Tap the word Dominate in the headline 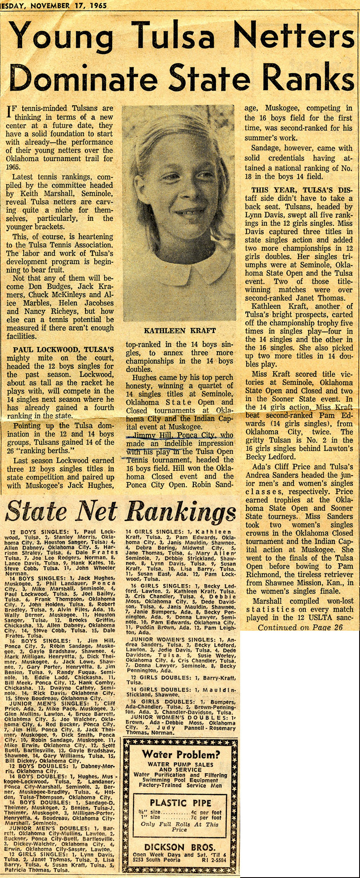tap(80, 79)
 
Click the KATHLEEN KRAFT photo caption tap(180, 331)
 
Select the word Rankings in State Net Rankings tap(180, 512)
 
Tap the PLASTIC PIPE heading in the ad tap(180, 802)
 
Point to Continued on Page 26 tap(300, 627)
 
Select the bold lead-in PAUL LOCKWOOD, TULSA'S tap(63, 349)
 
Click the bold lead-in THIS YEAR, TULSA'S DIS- tap(302, 190)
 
